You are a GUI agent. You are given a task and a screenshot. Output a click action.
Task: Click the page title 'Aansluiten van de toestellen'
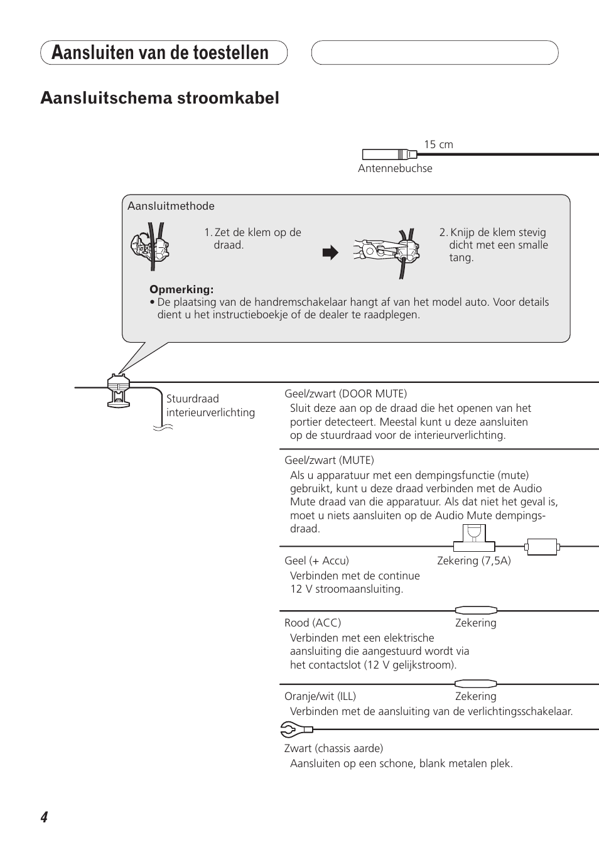tap(160, 53)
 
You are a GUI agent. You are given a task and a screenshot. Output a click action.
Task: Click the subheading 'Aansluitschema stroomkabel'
tap(159, 98)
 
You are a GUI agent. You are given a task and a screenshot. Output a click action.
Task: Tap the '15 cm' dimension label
tap(438, 144)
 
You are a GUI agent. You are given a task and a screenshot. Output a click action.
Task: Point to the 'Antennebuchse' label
tap(395, 168)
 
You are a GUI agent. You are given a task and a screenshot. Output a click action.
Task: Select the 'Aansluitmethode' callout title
tap(171, 206)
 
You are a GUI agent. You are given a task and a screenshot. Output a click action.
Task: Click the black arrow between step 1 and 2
tap(330, 253)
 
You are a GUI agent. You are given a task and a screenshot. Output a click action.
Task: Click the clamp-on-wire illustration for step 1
tap(151, 245)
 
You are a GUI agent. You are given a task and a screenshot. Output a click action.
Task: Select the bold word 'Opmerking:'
tap(181, 289)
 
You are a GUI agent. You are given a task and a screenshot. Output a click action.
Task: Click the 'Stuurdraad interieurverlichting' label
tap(210, 406)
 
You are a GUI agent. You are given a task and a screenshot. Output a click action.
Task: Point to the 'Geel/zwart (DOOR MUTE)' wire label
tap(345, 394)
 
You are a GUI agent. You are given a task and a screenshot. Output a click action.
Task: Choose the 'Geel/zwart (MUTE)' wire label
tap(329, 460)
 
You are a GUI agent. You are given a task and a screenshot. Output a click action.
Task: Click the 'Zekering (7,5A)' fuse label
tap(474, 561)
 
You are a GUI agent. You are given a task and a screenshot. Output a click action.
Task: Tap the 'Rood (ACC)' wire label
tap(313, 623)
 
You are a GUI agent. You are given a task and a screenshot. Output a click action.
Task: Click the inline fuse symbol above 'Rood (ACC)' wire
tap(476, 610)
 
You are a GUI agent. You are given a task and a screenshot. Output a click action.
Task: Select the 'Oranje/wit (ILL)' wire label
tap(320, 696)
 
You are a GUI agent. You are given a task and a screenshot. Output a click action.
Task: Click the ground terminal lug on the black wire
tap(295, 729)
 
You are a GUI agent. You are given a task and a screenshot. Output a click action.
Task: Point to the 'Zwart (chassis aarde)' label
tap(333, 748)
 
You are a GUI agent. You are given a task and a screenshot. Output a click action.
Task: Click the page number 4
tap(44, 817)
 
